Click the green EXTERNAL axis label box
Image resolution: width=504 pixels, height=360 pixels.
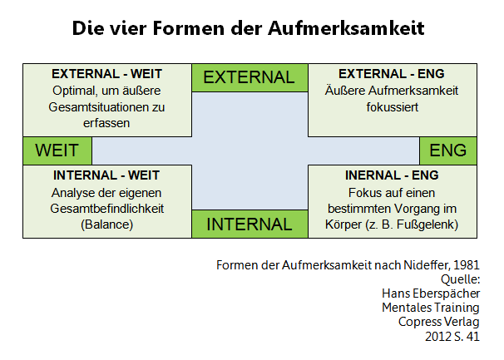tap(250, 78)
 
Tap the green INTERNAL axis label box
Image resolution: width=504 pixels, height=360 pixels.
tap(250, 224)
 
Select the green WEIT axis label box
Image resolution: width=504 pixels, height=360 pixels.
tap(57, 150)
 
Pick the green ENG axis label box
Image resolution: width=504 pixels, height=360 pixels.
tap(448, 150)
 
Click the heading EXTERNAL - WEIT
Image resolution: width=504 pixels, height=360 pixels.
tap(106, 74)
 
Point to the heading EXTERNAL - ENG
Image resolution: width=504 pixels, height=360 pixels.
tap(392, 74)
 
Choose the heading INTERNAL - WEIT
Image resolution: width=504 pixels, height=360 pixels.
tap(106, 175)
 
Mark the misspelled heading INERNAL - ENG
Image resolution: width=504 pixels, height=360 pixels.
tap(392, 175)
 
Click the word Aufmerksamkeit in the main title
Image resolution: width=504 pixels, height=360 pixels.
tap(346, 28)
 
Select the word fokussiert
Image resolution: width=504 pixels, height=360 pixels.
tap(393, 107)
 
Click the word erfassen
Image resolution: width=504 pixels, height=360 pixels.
tap(106, 123)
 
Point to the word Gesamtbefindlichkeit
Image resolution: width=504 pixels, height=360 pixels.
tap(107, 209)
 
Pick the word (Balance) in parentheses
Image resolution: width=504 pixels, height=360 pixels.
tap(106, 224)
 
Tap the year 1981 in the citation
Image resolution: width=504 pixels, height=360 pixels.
tap(467, 265)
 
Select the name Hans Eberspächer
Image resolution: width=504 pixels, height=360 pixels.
tap(431, 293)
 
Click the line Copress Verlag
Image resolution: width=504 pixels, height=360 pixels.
tap(439, 322)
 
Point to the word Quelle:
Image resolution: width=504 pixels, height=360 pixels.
tap(460, 279)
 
